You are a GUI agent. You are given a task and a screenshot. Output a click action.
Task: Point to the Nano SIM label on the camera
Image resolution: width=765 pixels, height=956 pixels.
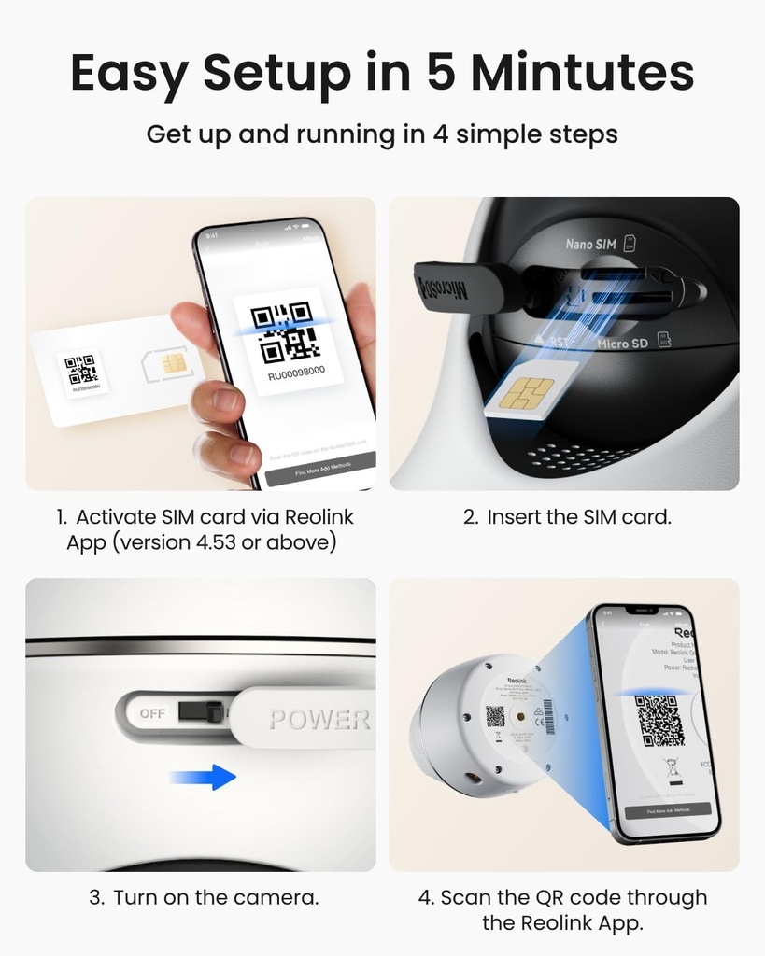[x=590, y=245]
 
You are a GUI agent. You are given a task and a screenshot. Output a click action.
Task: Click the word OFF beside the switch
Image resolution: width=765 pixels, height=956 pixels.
[x=152, y=714]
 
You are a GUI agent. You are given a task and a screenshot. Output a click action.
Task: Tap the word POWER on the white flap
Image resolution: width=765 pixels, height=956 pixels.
[x=319, y=720]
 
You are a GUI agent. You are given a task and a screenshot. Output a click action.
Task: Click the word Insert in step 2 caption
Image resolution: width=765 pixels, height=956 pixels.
[x=516, y=516]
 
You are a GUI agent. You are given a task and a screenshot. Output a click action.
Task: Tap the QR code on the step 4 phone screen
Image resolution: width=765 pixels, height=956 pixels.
[x=661, y=720]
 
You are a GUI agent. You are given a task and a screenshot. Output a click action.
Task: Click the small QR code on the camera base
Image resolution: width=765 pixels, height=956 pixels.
[x=495, y=716]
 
